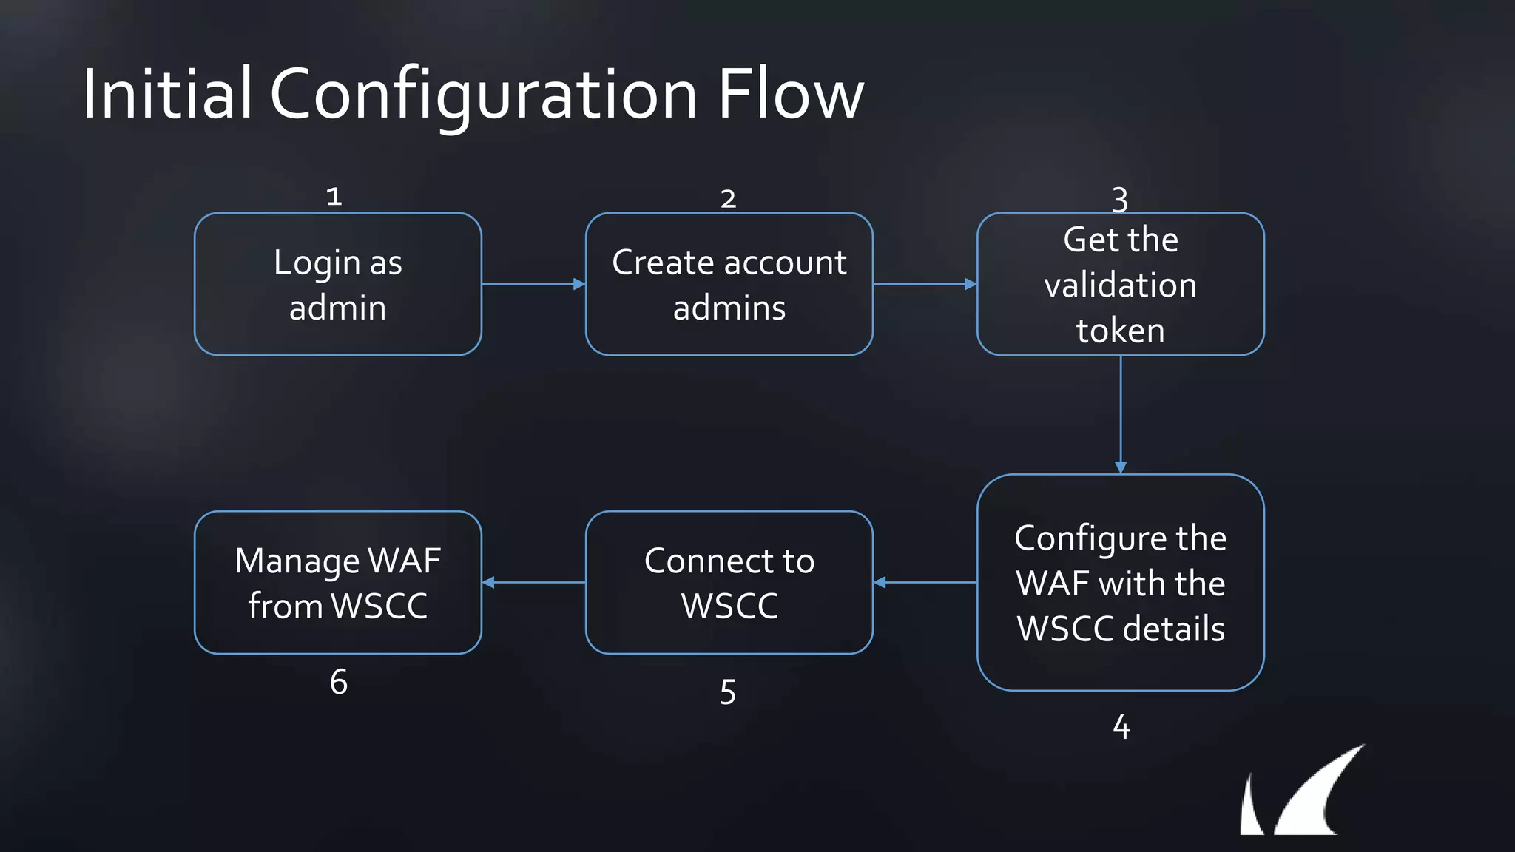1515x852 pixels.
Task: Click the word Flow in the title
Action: click(790, 94)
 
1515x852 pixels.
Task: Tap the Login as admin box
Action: click(338, 284)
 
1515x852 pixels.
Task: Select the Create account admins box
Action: click(729, 284)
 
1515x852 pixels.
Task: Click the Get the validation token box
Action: click(1120, 284)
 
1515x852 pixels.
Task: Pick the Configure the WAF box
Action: click(1120, 582)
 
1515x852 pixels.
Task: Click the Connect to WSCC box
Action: click(729, 582)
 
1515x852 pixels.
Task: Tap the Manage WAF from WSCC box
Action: click(338, 582)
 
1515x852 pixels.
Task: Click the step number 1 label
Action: click(334, 197)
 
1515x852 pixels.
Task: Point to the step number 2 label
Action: click(728, 199)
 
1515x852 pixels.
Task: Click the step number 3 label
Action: click(1120, 199)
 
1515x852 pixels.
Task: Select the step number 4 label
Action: click(1121, 727)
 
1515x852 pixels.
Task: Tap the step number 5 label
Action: click(728, 692)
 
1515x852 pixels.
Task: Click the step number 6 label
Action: click(339, 682)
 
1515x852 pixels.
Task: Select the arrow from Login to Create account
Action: click(533, 284)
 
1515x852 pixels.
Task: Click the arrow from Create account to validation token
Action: click(925, 284)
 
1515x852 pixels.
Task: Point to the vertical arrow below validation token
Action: click(1121, 414)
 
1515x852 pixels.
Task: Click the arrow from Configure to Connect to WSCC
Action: click(925, 582)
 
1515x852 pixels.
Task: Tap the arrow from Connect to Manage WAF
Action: click(533, 582)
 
